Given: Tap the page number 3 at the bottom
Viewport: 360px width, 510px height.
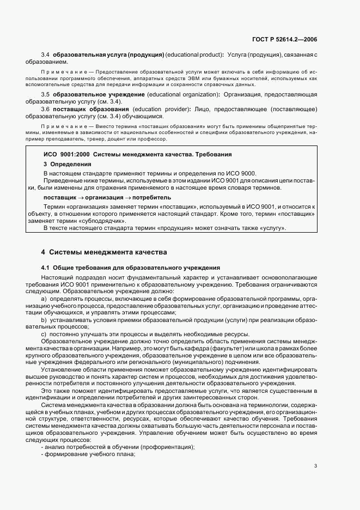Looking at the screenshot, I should pyautogui.click(x=316, y=465).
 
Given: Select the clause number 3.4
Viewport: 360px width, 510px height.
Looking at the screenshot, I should pyautogui.click(x=46, y=55).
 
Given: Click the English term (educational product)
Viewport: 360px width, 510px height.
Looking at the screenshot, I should pyautogui.click(x=194, y=55).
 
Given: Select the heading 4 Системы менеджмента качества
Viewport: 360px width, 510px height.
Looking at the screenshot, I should pyautogui.click(x=104, y=252).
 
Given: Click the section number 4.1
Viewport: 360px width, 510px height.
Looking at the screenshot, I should pyautogui.click(x=46, y=268).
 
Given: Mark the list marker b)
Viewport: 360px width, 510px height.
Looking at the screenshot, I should pyautogui.click(x=44, y=320).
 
